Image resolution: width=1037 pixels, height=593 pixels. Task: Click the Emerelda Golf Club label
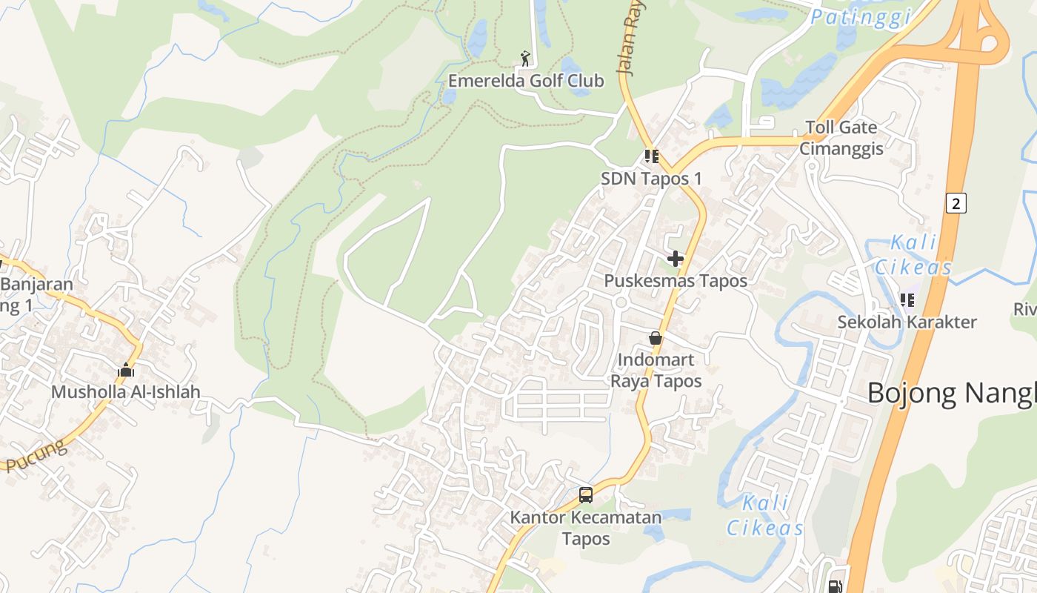526,81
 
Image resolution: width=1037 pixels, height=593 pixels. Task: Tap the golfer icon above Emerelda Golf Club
525,58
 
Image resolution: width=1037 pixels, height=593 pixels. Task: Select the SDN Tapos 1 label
651,179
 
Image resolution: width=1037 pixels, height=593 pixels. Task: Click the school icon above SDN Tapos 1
651,156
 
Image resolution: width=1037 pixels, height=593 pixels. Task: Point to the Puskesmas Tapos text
676,281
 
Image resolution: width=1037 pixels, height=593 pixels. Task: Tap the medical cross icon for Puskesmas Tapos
675,259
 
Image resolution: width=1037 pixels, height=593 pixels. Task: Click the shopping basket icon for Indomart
656,338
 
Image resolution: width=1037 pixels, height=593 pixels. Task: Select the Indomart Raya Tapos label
656,371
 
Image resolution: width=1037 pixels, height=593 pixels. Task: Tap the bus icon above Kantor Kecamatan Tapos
586,494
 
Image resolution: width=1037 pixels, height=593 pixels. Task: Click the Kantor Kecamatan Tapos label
585,527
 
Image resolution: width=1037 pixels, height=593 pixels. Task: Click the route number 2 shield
956,202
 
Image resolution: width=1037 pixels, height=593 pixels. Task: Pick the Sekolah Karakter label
907,322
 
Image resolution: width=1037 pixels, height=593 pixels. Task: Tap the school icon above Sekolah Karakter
907,300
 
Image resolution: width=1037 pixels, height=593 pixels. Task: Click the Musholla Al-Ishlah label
125,392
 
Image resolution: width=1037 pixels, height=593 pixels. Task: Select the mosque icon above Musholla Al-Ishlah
126,369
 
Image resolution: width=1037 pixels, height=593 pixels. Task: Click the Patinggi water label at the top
859,16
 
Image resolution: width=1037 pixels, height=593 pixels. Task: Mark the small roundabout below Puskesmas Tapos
621,302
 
